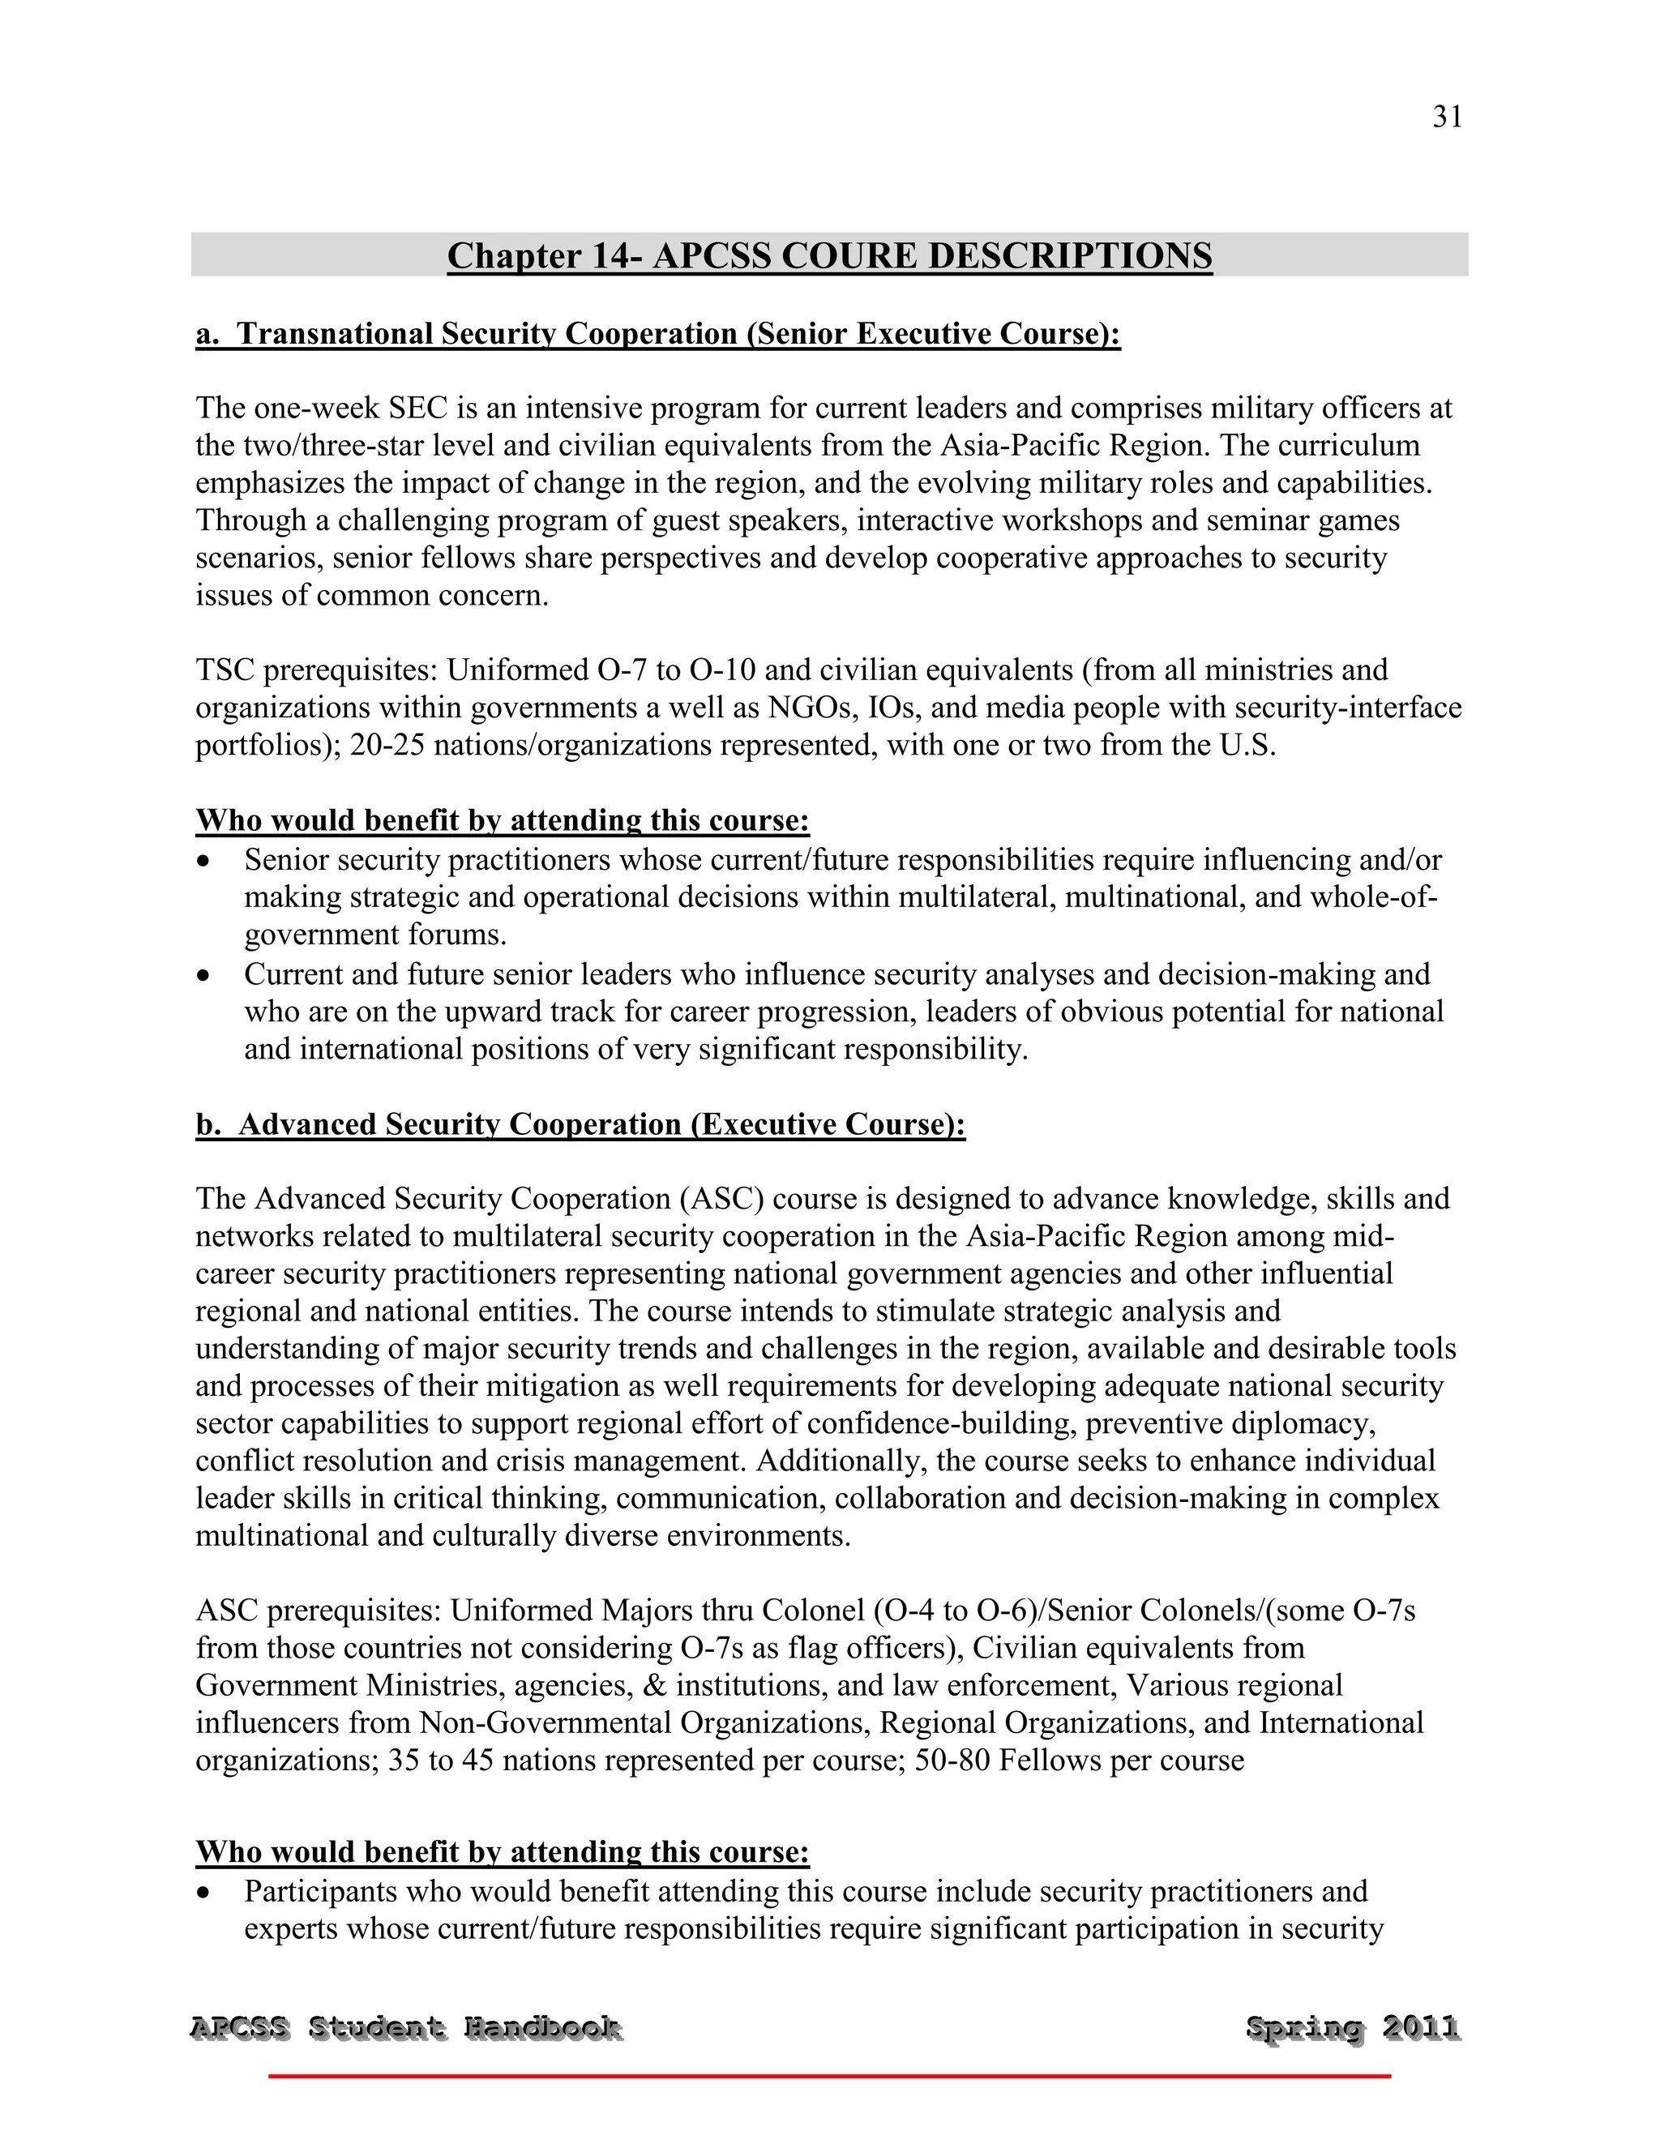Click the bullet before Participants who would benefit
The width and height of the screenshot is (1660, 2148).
click(203, 1893)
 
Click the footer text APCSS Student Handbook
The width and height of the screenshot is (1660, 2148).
click(405, 2028)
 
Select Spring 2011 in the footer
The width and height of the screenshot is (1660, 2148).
click(1352, 2028)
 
